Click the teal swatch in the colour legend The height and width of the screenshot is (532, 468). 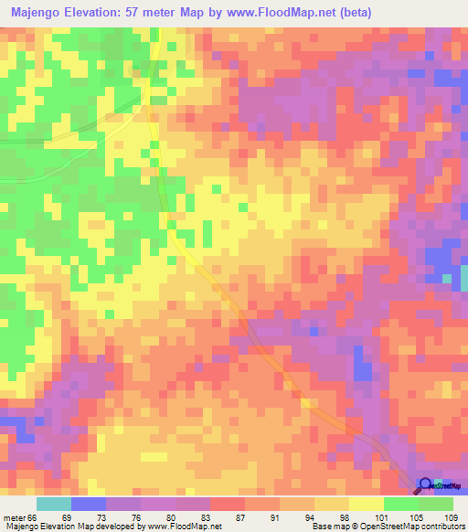pyautogui.click(x=54, y=504)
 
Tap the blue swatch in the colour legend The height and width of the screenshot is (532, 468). pyautogui.click(x=89, y=504)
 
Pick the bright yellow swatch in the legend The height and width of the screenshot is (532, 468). pyautogui.click(x=367, y=504)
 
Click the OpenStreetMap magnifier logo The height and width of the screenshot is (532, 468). pyautogui.click(x=426, y=485)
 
